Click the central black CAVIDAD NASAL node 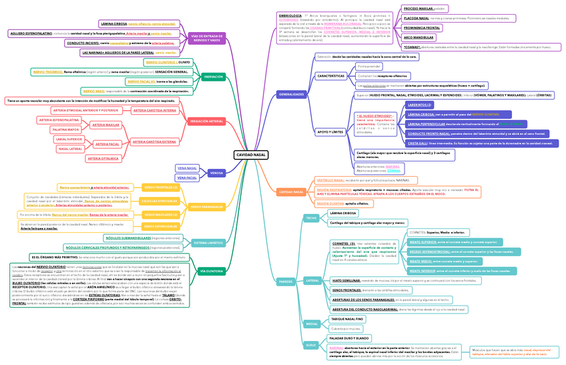tap(251, 155)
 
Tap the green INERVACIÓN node tap(212, 77)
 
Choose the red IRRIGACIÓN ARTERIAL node tap(207, 121)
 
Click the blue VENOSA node tap(216, 173)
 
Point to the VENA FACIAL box tap(187, 178)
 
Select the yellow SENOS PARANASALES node tap(207, 207)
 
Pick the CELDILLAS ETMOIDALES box tap(160, 201)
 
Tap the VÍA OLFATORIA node tap(211, 272)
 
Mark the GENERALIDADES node tap(291, 94)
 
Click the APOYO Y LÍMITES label tap(330, 132)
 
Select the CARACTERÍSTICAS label tap(330, 76)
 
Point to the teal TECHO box tap(311, 218)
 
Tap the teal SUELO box tap(311, 345)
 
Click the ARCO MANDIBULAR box tap(420, 37)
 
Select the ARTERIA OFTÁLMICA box tap(103, 159)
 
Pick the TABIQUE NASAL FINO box tap(347, 320)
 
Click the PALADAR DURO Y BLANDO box tap(350, 338)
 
